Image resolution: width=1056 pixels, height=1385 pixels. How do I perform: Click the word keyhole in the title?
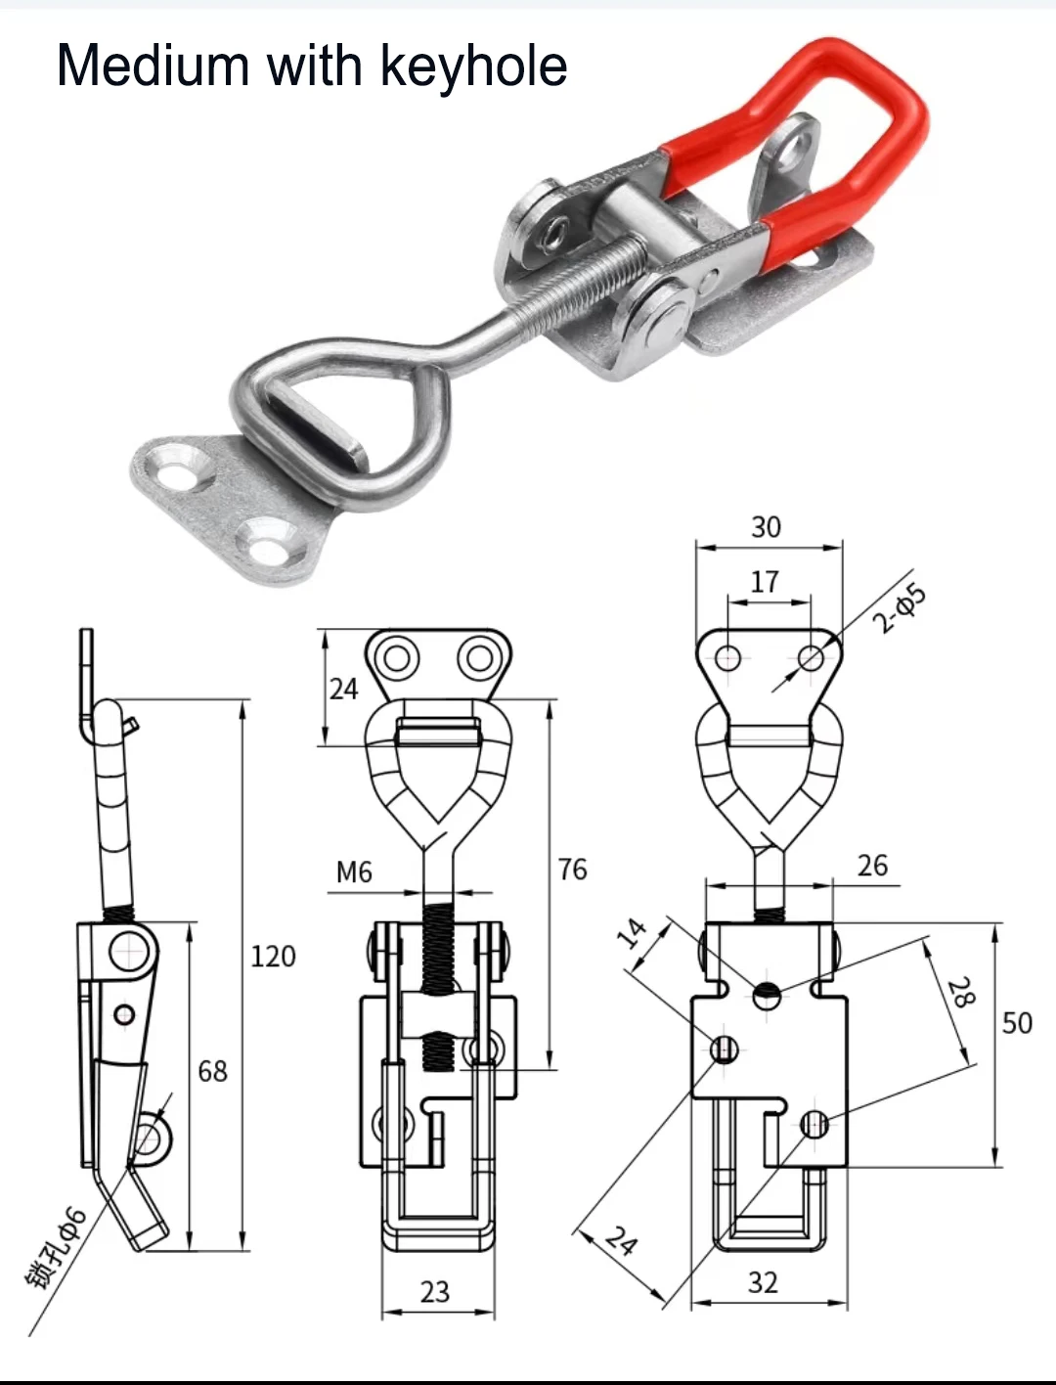pos(473,67)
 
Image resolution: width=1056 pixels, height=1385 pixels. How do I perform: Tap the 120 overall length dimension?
pos(273,956)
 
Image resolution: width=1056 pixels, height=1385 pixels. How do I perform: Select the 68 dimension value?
pos(212,1071)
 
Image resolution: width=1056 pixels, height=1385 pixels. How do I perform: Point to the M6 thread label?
pos(354,871)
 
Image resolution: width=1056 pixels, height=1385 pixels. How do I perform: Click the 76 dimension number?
pos(573,869)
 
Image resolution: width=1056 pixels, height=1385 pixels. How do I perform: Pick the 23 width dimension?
pos(435,1292)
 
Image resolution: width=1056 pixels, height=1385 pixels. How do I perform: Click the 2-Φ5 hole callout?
pos(899,608)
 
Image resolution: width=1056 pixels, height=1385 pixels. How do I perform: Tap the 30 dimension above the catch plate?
pos(766,527)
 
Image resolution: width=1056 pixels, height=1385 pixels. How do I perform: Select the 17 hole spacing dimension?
pos(765,582)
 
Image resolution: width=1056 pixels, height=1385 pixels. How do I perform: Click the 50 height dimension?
pos(1017,1023)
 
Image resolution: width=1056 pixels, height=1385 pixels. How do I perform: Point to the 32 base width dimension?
pos(763,1282)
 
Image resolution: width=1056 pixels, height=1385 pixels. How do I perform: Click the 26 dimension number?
pos(872,866)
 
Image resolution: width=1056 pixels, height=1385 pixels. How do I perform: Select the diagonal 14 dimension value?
pos(633,932)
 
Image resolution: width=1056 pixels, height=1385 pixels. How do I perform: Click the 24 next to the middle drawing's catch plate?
pos(343,690)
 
